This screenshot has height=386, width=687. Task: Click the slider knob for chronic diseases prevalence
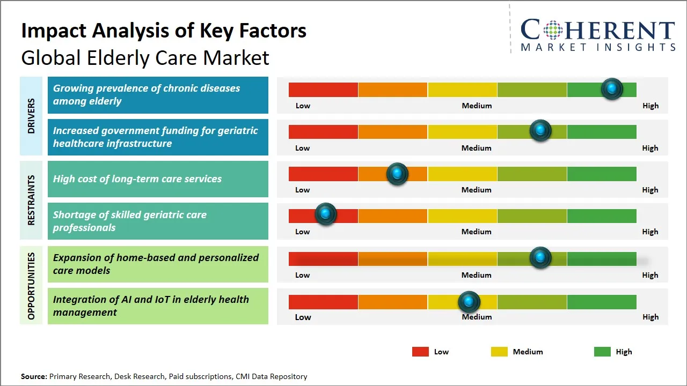pyautogui.click(x=611, y=89)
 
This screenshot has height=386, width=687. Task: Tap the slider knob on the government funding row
pyautogui.click(x=540, y=131)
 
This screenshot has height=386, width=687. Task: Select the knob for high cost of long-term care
pyautogui.click(x=397, y=174)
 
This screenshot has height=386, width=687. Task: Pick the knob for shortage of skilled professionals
pyautogui.click(x=325, y=214)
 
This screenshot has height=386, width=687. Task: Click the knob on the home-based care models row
pyautogui.click(x=540, y=258)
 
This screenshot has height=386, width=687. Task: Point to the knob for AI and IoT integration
pyautogui.click(x=469, y=302)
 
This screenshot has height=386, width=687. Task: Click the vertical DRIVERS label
pyautogui.click(x=31, y=116)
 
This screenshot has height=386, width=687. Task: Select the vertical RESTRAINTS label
pyautogui.click(x=31, y=200)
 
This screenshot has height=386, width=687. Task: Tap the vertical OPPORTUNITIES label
pyautogui.click(x=31, y=286)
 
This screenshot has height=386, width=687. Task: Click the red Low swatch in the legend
pyautogui.click(x=420, y=352)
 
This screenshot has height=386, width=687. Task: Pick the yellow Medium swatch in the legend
pyautogui.click(x=499, y=352)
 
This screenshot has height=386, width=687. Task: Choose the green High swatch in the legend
pyautogui.click(x=602, y=352)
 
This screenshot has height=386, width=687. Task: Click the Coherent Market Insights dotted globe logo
pyautogui.click(x=554, y=30)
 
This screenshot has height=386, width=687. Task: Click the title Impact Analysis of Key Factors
pyautogui.click(x=164, y=31)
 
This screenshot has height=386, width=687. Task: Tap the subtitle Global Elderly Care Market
pyautogui.click(x=145, y=58)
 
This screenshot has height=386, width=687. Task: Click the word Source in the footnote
pyautogui.click(x=34, y=376)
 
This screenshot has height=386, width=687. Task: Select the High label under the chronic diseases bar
pyautogui.click(x=650, y=106)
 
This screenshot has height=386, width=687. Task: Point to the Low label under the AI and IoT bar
pyautogui.click(x=303, y=317)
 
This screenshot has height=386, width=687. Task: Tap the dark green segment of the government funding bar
pyautogui.click(x=601, y=131)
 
